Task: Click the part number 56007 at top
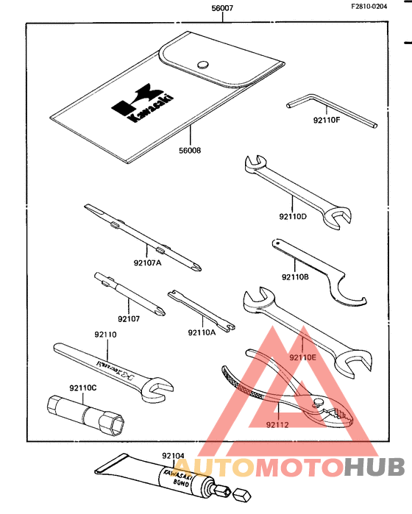[221, 8]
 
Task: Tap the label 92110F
[327, 118]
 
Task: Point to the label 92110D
[293, 216]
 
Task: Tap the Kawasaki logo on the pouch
[143, 103]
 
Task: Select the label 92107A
[147, 261]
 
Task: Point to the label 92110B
[294, 277]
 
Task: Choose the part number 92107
[128, 318]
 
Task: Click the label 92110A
[202, 332]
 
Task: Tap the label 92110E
[302, 357]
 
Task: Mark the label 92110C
[82, 387]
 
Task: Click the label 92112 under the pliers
[277, 424]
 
